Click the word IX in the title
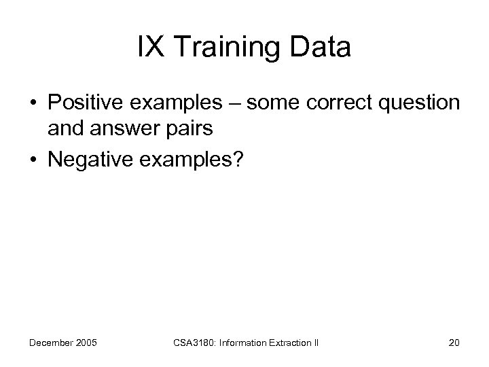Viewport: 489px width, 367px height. (149, 48)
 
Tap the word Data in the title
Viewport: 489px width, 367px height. (320, 48)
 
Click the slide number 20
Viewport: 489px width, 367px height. (454, 343)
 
